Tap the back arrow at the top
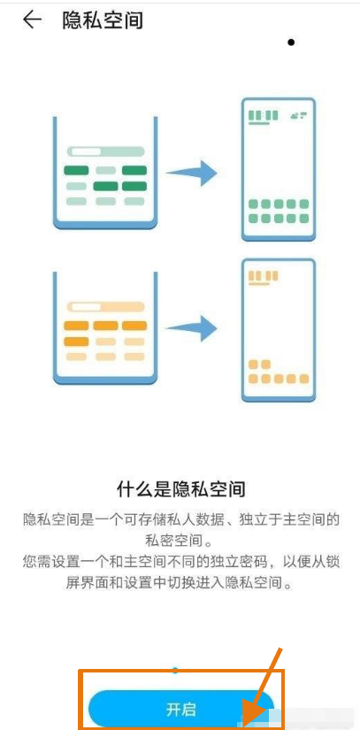point(32,20)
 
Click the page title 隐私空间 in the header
point(103,20)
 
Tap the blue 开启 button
point(181,709)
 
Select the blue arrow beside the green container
point(191,173)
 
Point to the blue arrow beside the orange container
point(191,328)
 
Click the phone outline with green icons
point(279,169)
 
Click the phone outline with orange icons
point(279,330)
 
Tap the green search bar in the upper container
point(105,151)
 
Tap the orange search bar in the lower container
point(105,307)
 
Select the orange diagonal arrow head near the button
point(255,714)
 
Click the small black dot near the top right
point(291,42)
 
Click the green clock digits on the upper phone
point(264,116)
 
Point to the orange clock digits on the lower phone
point(264,276)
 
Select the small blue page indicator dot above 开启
point(175,671)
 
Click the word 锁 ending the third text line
point(333,562)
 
